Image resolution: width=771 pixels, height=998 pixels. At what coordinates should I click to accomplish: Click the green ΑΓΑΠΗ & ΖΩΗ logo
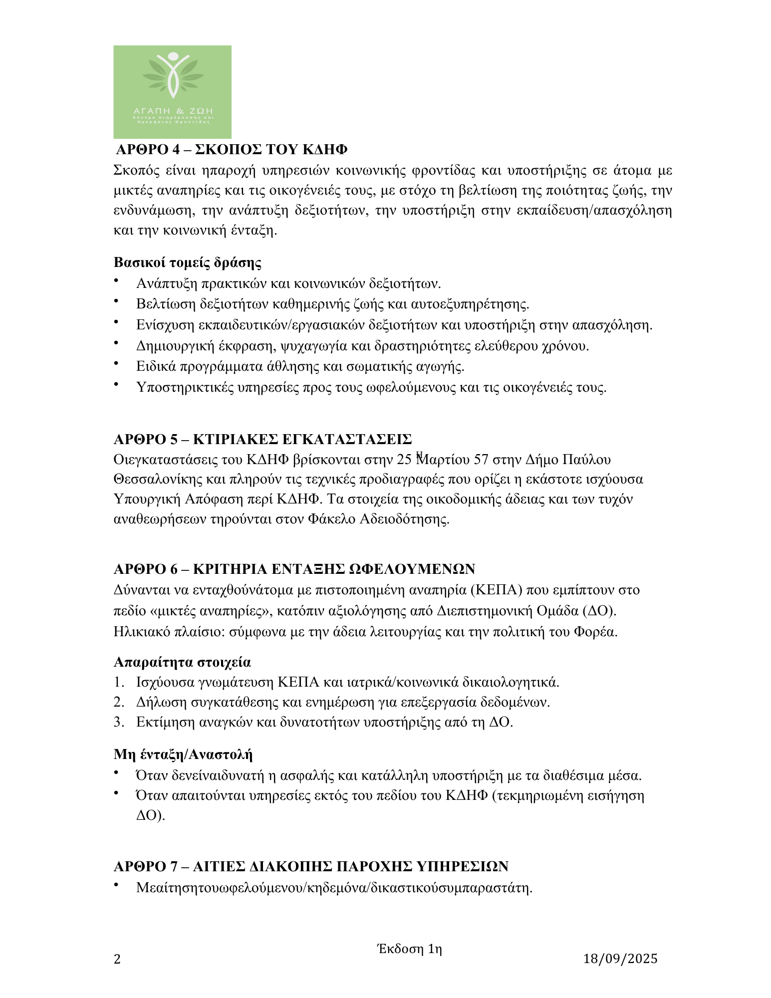(x=172, y=92)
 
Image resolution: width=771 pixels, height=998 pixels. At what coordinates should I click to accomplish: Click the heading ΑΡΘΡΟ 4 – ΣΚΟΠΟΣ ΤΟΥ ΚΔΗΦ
(x=232, y=150)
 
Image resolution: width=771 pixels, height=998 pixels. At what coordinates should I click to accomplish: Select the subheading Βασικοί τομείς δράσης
(x=188, y=262)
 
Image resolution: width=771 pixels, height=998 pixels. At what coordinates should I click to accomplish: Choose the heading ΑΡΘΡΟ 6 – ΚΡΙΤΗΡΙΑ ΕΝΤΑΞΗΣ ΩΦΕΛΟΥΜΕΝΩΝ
(x=294, y=569)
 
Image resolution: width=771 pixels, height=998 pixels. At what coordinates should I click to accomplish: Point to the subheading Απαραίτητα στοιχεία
(x=182, y=662)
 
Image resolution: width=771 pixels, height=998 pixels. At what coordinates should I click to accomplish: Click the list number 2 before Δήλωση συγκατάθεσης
(x=118, y=703)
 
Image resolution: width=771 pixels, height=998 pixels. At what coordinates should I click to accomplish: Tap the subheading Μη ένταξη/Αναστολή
(x=183, y=754)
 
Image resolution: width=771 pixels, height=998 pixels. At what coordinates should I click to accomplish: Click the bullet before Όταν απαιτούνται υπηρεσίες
(x=117, y=793)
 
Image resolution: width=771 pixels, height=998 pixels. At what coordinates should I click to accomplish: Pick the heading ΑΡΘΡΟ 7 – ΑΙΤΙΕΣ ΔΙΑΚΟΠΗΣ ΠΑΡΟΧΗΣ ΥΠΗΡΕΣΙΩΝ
(x=311, y=866)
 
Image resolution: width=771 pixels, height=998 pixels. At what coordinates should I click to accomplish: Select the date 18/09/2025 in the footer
(x=620, y=959)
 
